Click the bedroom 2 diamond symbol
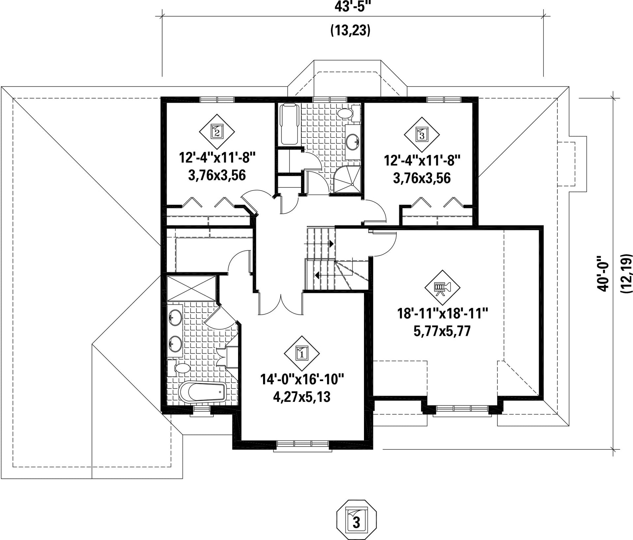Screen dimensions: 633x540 tap(217, 131)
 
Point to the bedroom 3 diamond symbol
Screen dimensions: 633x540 tap(422, 134)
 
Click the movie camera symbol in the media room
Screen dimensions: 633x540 tap(442, 288)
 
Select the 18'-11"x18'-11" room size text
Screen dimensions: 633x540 tap(443, 313)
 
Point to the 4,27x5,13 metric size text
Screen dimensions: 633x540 tap(302, 397)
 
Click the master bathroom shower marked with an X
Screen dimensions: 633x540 tap(192, 288)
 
